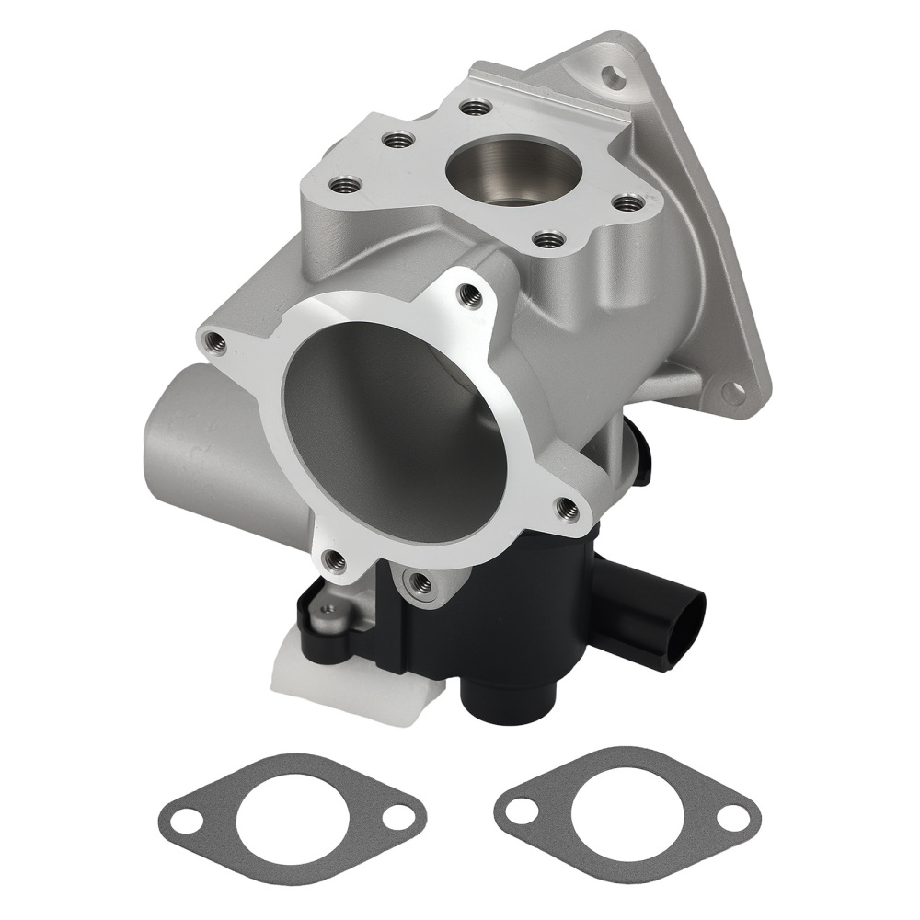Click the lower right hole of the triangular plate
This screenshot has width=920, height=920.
coord(732,393)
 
